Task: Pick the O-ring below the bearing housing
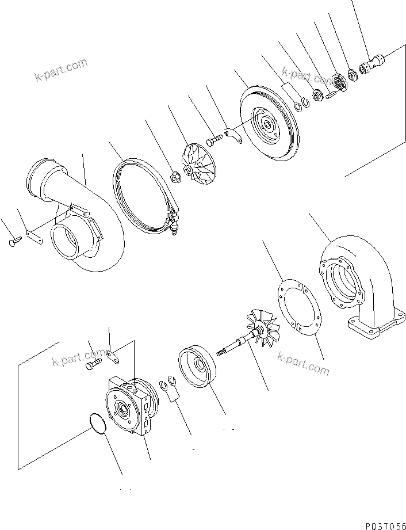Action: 97,426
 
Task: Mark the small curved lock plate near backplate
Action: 233,136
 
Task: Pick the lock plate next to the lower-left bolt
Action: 113,357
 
